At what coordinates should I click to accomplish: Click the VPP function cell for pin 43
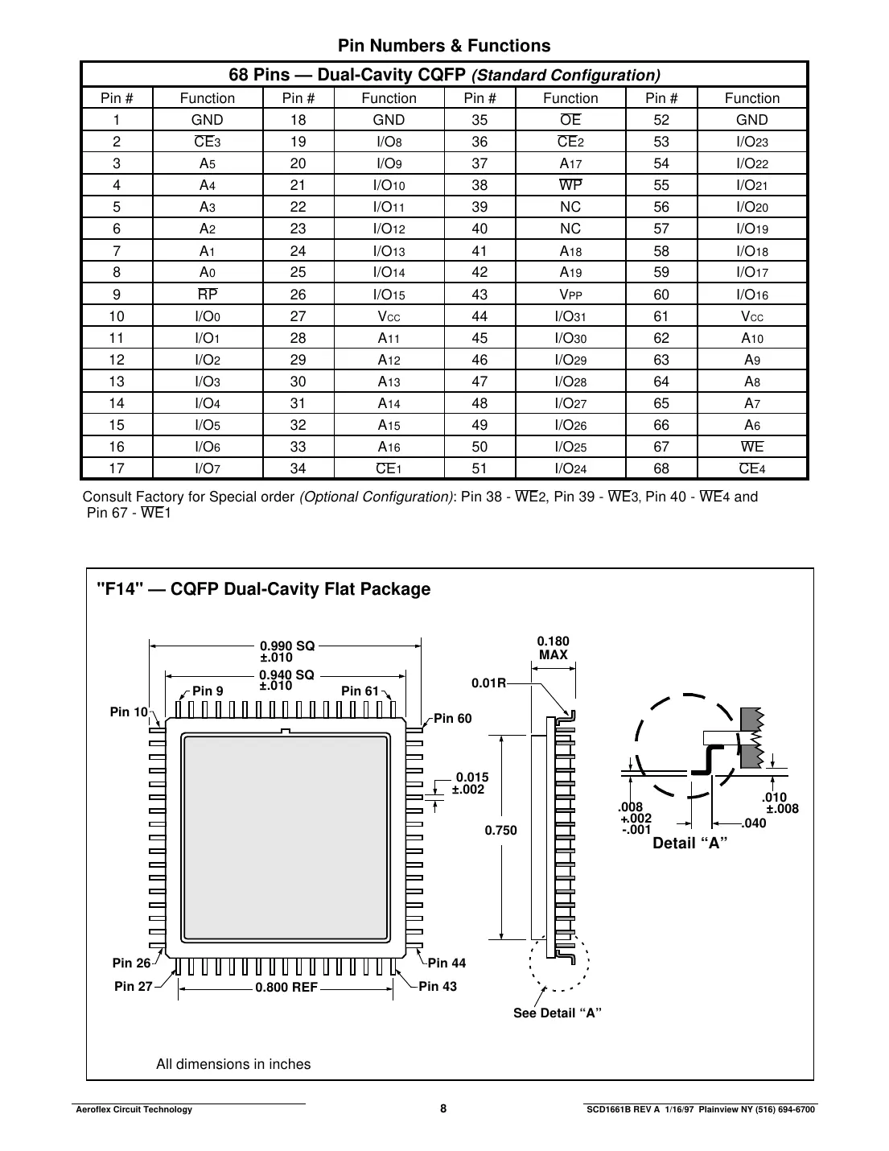click(570, 295)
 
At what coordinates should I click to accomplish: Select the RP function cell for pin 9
click(208, 295)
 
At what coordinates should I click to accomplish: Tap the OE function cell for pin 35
click(570, 120)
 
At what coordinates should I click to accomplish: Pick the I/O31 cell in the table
click(570, 316)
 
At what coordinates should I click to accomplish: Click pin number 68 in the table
click(661, 468)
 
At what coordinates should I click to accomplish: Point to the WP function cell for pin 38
click(570, 185)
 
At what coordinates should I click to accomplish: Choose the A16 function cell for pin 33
click(389, 447)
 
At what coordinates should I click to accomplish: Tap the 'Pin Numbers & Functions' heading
click(444, 46)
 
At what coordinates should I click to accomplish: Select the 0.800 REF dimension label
click(286, 988)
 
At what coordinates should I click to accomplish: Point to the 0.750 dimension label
click(500, 830)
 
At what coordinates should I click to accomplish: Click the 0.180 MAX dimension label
click(553, 648)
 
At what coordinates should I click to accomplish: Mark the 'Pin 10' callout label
click(129, 712)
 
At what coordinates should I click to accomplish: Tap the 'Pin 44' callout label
click(447, 963)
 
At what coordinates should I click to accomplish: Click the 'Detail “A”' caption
click(690, 844)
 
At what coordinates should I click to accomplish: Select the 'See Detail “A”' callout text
click(558, 1013)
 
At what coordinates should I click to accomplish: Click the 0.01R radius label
click(488, 683)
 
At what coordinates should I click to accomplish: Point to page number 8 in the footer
click(443, 1108)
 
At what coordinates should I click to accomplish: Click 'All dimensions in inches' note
click(233, 1064)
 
